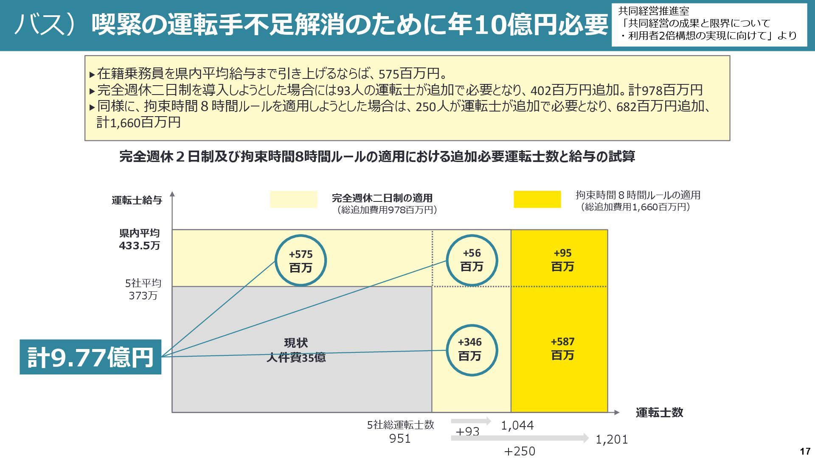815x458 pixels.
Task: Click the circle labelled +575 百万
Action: coord(301,261)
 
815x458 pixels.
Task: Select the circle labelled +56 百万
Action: coord(472,260)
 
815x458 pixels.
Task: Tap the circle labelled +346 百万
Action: coord(469,349)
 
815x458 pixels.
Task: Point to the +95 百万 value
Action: coord(562,260)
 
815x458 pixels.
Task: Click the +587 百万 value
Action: coord(562,348)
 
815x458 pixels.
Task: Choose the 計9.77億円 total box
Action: coord(90,357)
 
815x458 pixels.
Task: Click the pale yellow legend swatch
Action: coord(293,199)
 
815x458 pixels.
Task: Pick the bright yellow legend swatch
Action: coord(537,199)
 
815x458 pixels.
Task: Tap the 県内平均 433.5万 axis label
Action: coord(139,239)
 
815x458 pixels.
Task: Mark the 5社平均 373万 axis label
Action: coord(143,289)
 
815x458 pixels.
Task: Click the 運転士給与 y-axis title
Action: coord(137,200)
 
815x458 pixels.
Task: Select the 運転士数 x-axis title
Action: coord(659,413)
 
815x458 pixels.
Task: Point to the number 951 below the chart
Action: coord(400,438)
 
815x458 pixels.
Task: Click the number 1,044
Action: coord(517,425)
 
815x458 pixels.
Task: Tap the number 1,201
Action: coord(611,439)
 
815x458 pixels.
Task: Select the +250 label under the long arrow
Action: coord(520,451)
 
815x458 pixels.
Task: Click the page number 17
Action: coord(804,451)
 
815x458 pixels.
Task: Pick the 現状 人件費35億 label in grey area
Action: coord(296,350)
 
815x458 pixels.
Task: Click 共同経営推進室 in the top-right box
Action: coord(653,11)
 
